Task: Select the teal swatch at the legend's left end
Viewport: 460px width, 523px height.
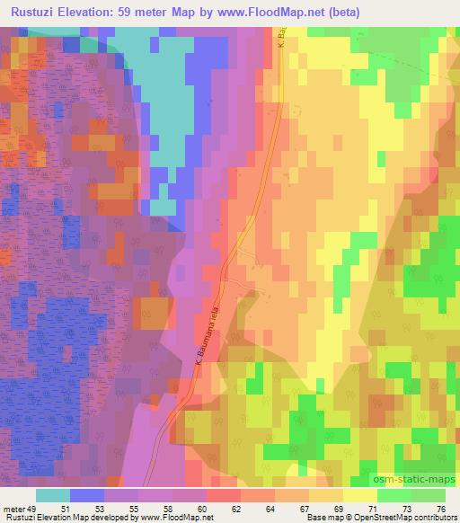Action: [52, 495]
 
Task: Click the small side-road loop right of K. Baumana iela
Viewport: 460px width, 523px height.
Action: [242, 286]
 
